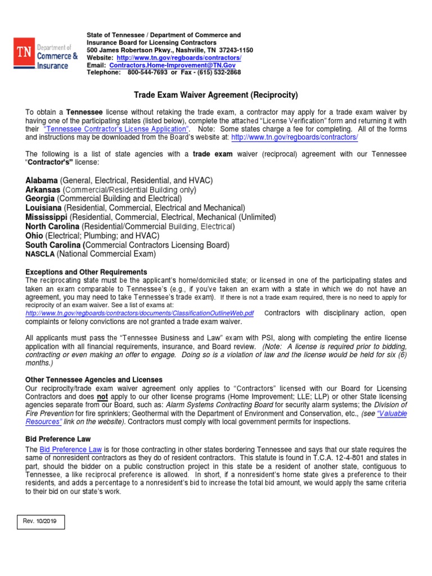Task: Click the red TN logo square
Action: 24,53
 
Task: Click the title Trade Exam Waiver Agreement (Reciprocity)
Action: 215,95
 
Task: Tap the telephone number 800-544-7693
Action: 147,73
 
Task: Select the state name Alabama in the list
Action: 42,181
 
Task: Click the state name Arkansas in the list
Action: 43,190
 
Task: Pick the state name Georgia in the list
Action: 40,199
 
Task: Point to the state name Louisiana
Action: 44,208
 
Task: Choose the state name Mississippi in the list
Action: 47,217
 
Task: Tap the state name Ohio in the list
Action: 34,235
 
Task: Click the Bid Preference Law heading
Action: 58,438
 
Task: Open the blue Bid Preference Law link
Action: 71,449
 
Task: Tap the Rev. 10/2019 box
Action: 40,523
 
